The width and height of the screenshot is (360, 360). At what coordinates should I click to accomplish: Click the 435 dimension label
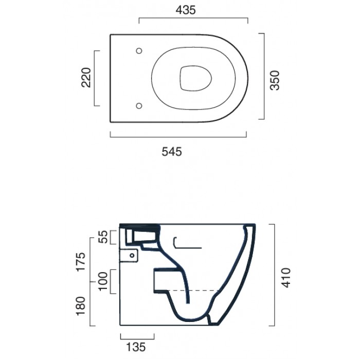click(186, 10)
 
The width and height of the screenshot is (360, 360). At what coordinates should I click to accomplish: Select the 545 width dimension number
click(172, 152)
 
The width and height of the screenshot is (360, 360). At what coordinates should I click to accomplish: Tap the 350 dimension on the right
click(275, 80)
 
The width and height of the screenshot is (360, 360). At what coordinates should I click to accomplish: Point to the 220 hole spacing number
click(86, 78)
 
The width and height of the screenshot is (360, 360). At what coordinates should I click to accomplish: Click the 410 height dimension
click(286, 278)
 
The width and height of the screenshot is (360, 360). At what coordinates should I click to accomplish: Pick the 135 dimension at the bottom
click(136, 347)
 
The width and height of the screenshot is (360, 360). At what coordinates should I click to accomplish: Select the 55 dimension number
click(103, 237)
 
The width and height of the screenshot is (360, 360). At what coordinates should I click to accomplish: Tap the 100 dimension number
click(103, 281)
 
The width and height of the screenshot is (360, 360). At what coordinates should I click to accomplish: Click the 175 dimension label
click(81, 262)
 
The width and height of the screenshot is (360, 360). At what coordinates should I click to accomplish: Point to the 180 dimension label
click(81, 306)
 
